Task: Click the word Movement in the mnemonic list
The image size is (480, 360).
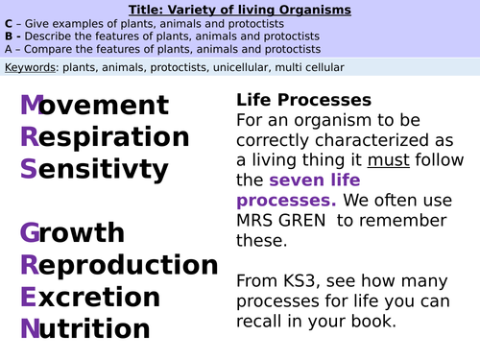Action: click(x=94, y=106)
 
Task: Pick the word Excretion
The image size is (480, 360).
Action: click(x=91, y=296)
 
